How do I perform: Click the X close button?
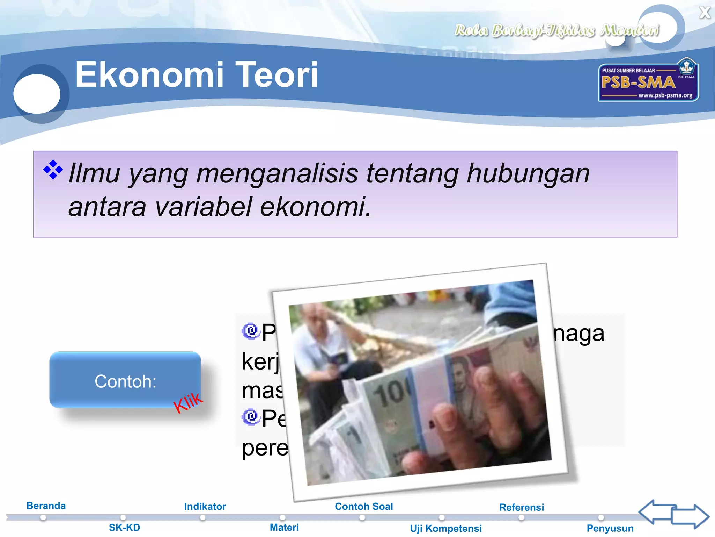coord(705,13)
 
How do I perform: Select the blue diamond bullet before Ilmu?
coord(53,170)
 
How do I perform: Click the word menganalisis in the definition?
coord(277,173)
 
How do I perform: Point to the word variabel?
coord(203,206)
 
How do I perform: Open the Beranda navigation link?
coord(46,506)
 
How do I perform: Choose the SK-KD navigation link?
coord(124,527)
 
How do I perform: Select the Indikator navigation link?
coord(205,506)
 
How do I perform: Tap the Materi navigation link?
coord(284,527)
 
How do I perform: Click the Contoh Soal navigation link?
coord(364,506)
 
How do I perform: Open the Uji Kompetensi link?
coord(446,528)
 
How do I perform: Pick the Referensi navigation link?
coord(522,507)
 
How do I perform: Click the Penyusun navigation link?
coord(610,528)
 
